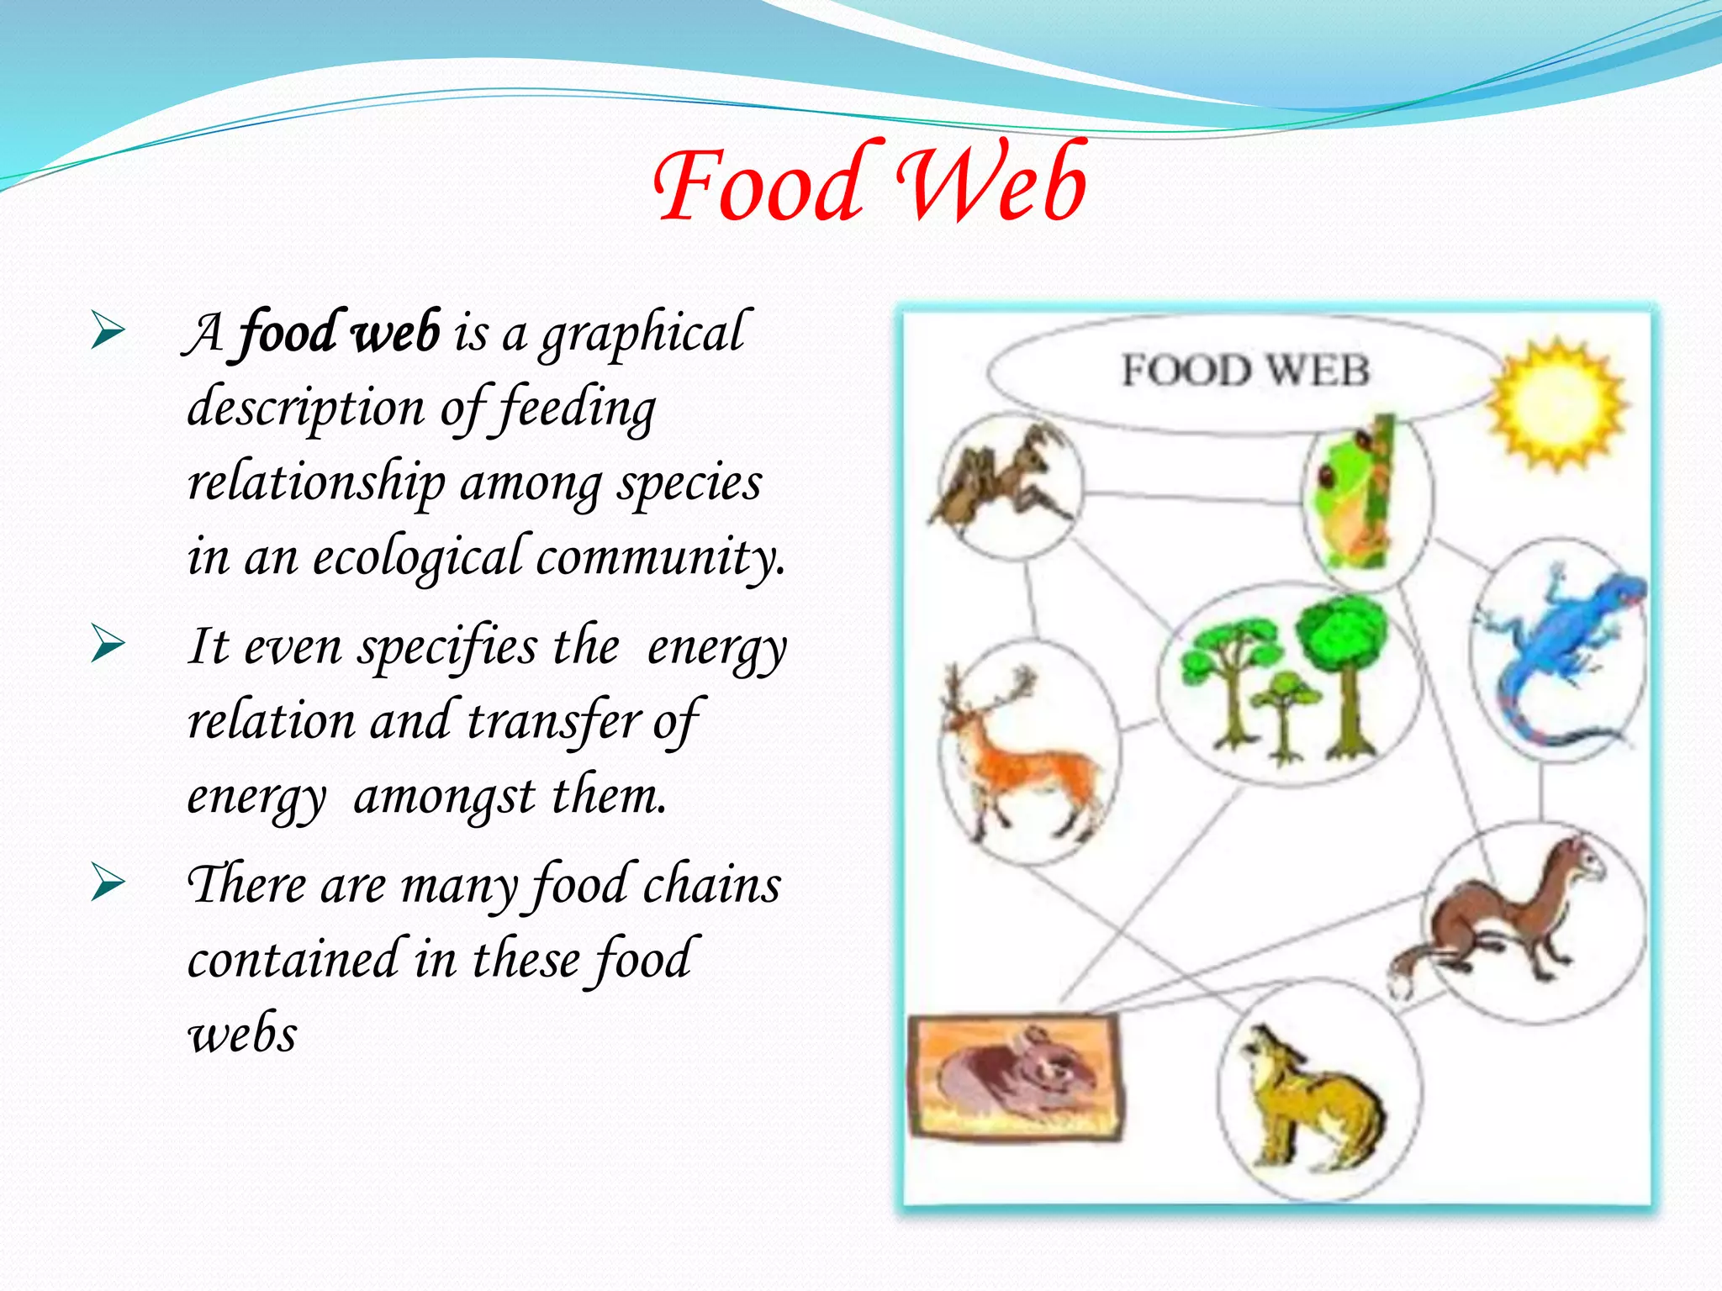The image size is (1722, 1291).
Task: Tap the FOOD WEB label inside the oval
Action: click(1245, 371)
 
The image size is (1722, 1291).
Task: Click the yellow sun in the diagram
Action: click(1556, 403)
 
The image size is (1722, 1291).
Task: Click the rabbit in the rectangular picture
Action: click(1017, 1076)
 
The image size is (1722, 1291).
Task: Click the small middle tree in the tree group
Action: click(1282, 714)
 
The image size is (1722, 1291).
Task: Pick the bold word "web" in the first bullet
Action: click(395, 332)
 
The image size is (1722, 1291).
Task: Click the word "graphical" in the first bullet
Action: click(642, 334)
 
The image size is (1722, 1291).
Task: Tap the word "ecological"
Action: click(420, 557)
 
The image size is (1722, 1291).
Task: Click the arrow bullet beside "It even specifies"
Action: click(108, 645)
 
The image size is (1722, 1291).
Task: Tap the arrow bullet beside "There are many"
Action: click(108, 883)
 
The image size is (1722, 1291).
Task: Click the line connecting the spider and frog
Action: click(1192, 498)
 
